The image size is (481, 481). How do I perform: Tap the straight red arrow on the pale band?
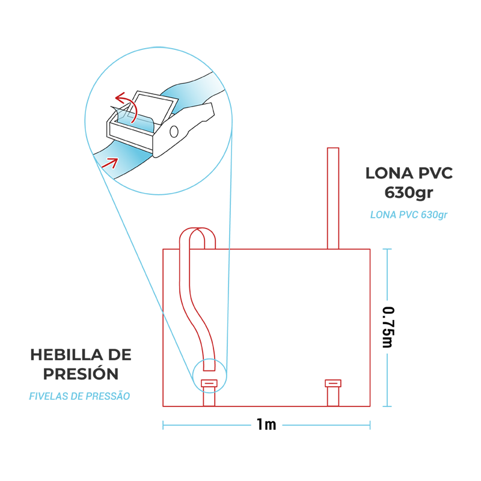(109, 161)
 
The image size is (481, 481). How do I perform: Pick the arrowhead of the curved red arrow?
(118, 97)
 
